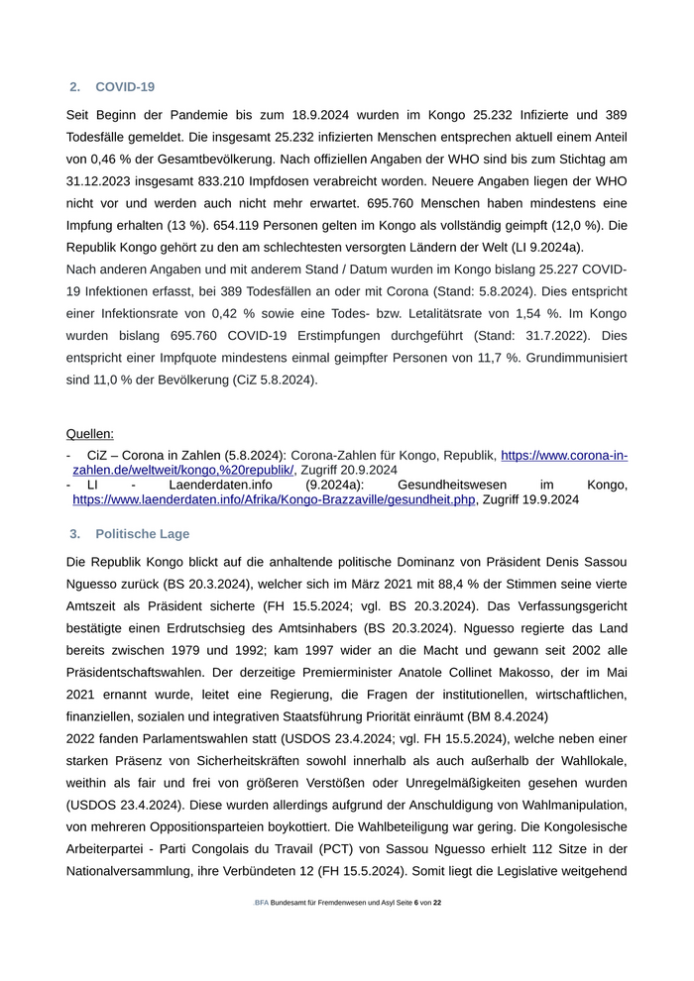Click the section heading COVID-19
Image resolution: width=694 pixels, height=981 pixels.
click(x=125, y=87)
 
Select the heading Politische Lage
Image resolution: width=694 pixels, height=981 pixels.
click(x=142, y=534)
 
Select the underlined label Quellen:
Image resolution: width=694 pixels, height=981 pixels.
click(x=89, y=433)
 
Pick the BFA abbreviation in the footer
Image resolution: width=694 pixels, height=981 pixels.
click(x=262, y=903)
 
